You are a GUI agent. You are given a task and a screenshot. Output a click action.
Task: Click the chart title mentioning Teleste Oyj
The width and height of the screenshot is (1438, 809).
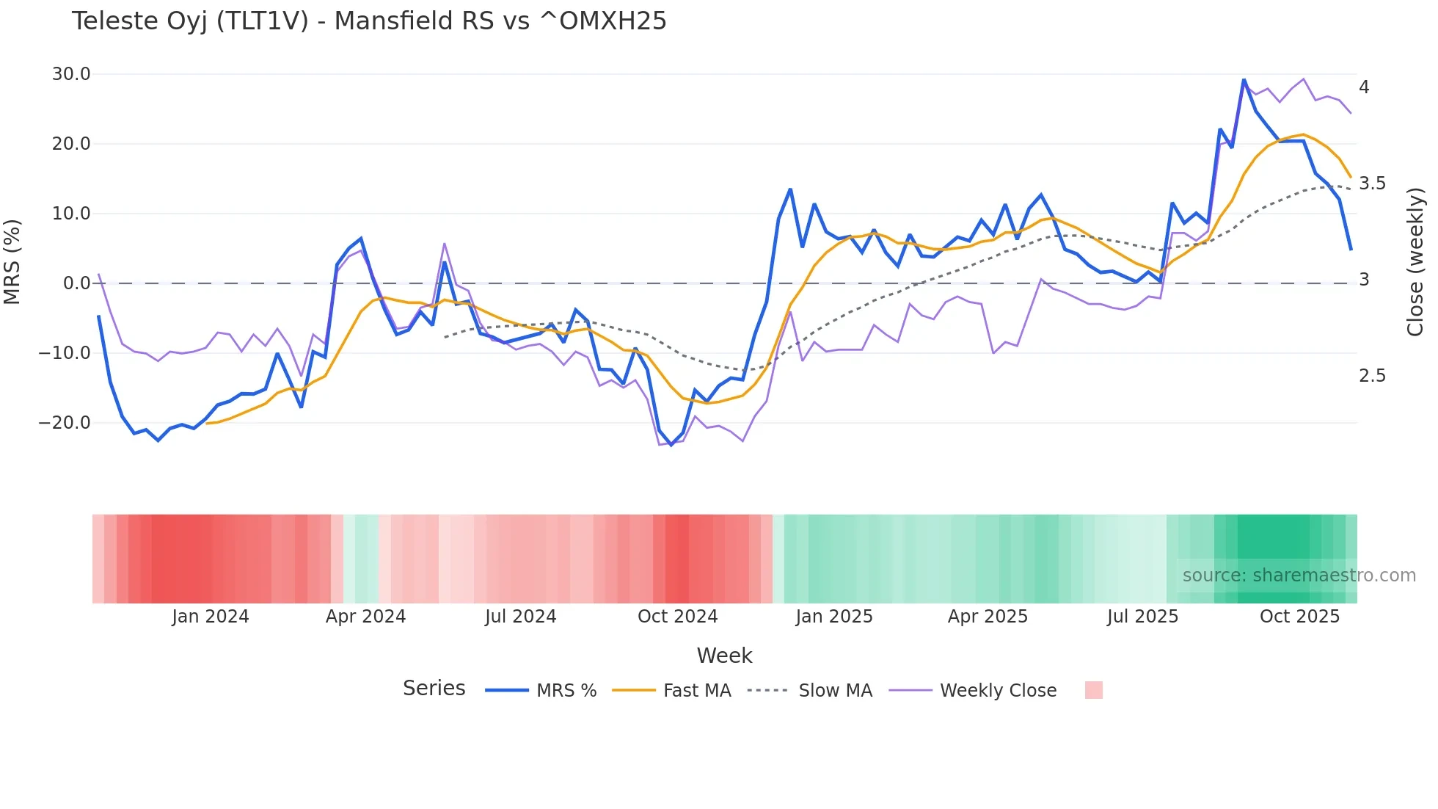click(x=369, y=21)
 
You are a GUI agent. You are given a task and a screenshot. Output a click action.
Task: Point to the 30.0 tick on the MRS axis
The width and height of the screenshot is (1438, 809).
click(x=71, y=74)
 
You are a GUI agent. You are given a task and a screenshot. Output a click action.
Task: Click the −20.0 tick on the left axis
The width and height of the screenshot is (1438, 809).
click(x=65, y=423)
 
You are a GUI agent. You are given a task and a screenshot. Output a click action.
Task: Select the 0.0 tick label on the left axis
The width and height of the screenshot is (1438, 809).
click(x=77, y=283)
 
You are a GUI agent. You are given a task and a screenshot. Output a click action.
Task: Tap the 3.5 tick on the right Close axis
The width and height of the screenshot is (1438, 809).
click(x=1372, y=184)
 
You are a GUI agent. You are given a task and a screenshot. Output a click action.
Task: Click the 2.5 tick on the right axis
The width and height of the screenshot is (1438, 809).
click(x=1372, y=376)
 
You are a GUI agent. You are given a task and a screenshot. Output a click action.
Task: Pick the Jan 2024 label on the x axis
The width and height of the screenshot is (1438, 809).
click(x=211, y=617)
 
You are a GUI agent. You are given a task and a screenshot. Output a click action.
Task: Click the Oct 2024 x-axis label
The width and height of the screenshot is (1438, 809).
click(x=677, y=617)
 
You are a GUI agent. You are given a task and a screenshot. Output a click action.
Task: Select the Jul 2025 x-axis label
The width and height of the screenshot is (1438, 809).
click(x=1142, y=617)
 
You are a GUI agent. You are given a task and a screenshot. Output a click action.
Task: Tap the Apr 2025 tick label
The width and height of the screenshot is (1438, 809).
click(x=988, y=617)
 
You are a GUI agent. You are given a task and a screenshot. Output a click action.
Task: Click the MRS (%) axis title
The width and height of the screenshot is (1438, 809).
click(x=12, y=261)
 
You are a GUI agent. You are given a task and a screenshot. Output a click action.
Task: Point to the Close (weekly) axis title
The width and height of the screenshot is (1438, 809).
click(x=1415, y=261)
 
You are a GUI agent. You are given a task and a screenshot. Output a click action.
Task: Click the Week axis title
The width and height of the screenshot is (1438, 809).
click(x=724, y=656)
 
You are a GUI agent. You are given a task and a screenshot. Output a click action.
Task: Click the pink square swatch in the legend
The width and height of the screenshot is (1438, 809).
click(x=1093, y=690)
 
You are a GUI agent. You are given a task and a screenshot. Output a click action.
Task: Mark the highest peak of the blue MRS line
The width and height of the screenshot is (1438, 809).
click(x=1244, y=79)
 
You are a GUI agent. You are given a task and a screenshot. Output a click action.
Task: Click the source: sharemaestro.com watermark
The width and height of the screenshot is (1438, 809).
click(x=1299, y=576)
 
